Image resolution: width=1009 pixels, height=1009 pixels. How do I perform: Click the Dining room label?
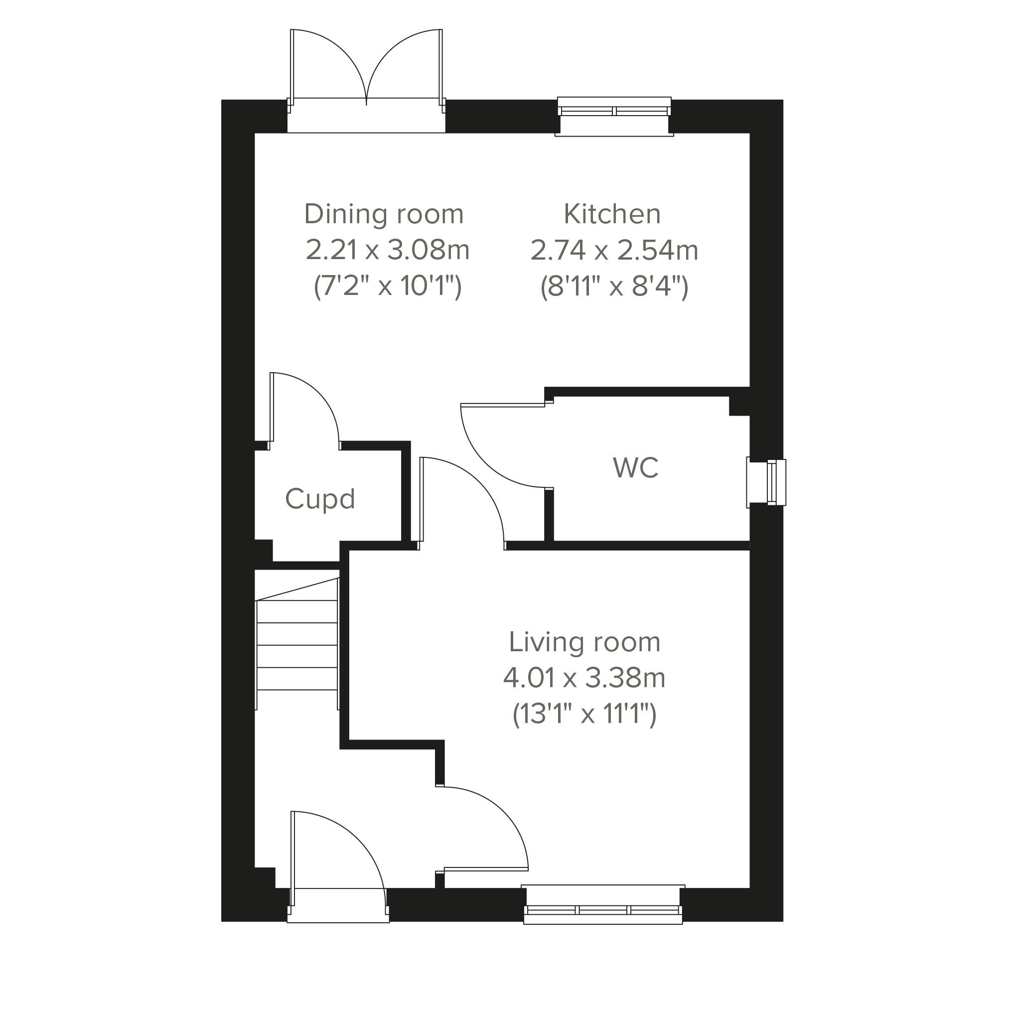[384, 214]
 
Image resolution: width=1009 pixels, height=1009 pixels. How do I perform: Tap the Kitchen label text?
[612, 214]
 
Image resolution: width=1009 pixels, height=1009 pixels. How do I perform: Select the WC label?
[636, 467]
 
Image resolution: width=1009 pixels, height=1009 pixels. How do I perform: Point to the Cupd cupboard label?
[320, 500]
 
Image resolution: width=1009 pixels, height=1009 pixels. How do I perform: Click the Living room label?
[584, 642]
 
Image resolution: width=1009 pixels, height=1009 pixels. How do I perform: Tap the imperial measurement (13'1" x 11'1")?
[584, 714]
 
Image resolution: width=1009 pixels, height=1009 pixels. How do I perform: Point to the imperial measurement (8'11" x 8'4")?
[614, 286]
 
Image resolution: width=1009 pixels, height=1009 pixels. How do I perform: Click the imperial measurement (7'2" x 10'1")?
[388, 286]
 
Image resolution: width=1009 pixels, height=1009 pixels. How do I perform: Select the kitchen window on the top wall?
[614, 116]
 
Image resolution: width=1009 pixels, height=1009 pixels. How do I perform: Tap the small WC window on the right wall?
[766, 482]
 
